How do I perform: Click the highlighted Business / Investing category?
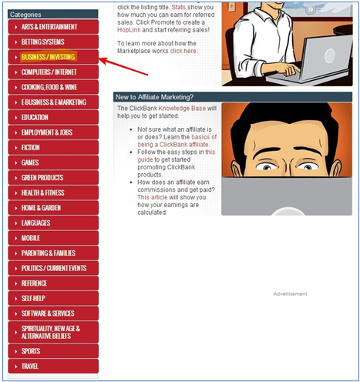pyautogui.click(x=53, y=57)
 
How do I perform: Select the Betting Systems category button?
pyautogui.click(x=53, y=42)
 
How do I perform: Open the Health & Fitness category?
pyautogui.click(x=53, y=193)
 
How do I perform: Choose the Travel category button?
pyautogui.click(x=53, y=366)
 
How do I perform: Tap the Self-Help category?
pyautogui.click(x=53, y=298)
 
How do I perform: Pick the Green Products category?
pyautogui.click(x=53, y=177)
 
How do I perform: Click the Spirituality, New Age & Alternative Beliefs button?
pyautogui.click(x=53, y=332)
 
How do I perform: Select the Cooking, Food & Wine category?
pyautogui.click(x=53, y=87)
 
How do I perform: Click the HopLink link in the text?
pyautogui.click(x=129, y=30)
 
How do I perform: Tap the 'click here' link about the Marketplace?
pyautogui.click(x=183, y=51)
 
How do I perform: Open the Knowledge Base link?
pyautogui.click(x=182, y=108)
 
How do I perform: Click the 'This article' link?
pyautogui.click(x=152, y=197)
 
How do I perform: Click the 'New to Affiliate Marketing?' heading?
pyautogui.click(x=154, y=97)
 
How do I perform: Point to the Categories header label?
pyautogui.click(x=25, y=15)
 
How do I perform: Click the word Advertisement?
pyautogui.click(x=290, y=293)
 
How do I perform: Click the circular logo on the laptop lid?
pyautogui.click(x=329, y=55)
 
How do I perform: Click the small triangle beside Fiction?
pyautogui.click(x=16, y=148)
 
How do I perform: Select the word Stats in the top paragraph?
pyautogui.click(x=178, y=7)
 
